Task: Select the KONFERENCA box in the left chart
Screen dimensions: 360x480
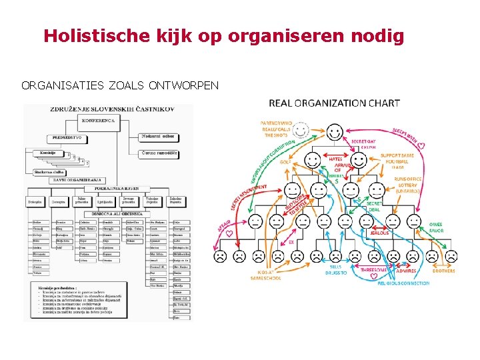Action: click(x=99, y=121)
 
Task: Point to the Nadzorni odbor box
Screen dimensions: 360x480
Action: click(x=158, y=137)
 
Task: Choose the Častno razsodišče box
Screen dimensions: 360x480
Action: click(x=159, y=153)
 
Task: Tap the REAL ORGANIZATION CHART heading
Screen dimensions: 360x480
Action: click(x=335, y=103)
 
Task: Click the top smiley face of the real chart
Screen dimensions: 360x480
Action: click(x=335, y=131)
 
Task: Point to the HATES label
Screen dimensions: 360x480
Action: click(x=336, y=159)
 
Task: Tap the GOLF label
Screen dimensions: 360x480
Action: click(x=285, y=161)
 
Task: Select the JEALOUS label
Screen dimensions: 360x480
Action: click(x=379, y=233)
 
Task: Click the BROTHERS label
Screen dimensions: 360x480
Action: click(x=444, y=271)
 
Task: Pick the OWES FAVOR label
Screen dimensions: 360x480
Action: click(x=435, y=228)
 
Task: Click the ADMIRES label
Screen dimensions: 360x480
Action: click(x=405, y=271)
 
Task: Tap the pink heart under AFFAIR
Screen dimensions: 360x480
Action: click(x=229, y=234)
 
